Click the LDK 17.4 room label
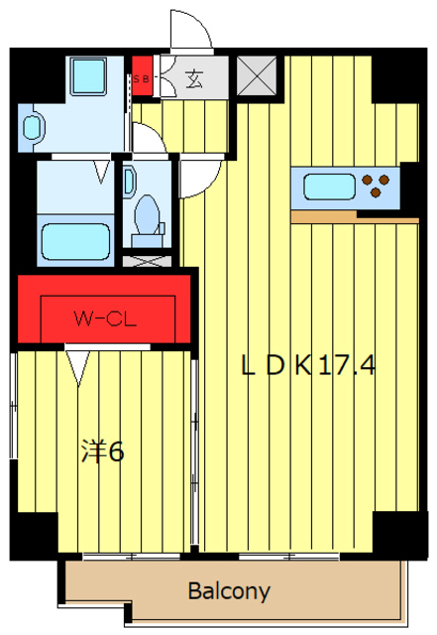[x=308, y=365]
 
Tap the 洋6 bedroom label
[x=103, y=450]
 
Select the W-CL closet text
[x=105, y=319]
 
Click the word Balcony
[x=229, y=591]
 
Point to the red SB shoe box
[x=142, y=76]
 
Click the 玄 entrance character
[x=194, y=79]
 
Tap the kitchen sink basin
[x=329, y=187]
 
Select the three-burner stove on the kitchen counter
[x=376, y=186]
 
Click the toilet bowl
[x=148, y=215]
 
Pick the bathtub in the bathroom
[x=75, y=242]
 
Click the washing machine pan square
[x=88, y=76]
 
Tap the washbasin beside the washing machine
[x=32, y=128]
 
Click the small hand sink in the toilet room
[x=130, y=182]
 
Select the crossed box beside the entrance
[x=257, y=76]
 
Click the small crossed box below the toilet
[x=147, y=261]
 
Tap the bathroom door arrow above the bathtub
[x=101, y=172]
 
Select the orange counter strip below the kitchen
[x=355, y=216]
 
